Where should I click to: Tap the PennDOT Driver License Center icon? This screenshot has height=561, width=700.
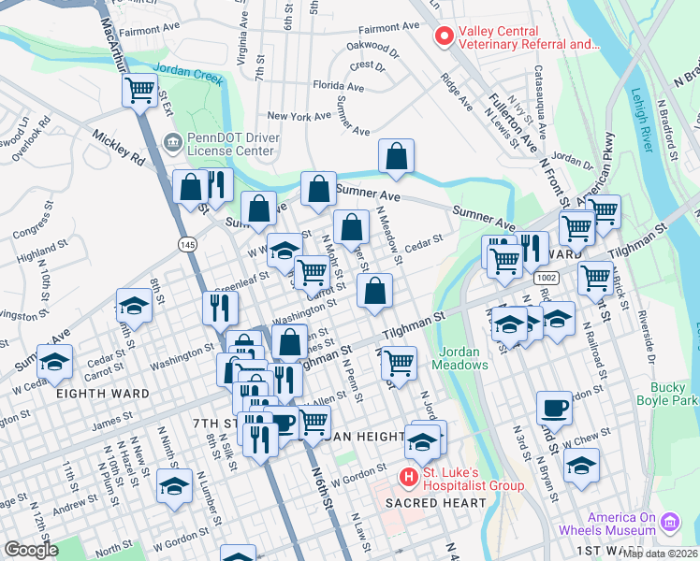click(172, 143)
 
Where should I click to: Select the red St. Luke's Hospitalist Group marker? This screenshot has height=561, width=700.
click(408, 477)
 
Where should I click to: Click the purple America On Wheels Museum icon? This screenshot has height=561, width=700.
click(669, 521)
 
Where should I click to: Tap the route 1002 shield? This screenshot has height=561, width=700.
click(547, 279)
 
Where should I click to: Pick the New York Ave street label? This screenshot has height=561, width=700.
click(299, 116)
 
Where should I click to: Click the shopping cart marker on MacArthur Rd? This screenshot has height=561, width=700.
click(139, 91)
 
